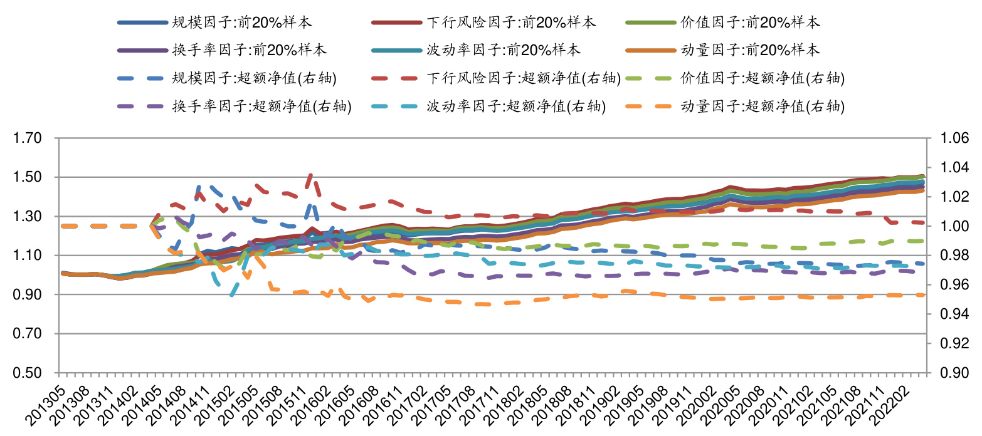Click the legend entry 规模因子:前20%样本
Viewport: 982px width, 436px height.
click(x=241, y=23)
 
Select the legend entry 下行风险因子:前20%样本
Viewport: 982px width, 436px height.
click(x=511, y=23)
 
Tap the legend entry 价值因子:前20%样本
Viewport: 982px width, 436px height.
click(x=750, y=23)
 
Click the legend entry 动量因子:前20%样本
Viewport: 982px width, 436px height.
click(x=750, y=50)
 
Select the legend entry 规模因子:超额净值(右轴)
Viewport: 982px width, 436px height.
click(x=254, y=78)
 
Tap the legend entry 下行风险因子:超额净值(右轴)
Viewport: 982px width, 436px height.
click(x=524, y=78)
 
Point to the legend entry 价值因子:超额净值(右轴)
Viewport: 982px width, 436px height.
click(x=763, y=78)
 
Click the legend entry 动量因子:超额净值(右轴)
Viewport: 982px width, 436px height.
click(x=763, y=106)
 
